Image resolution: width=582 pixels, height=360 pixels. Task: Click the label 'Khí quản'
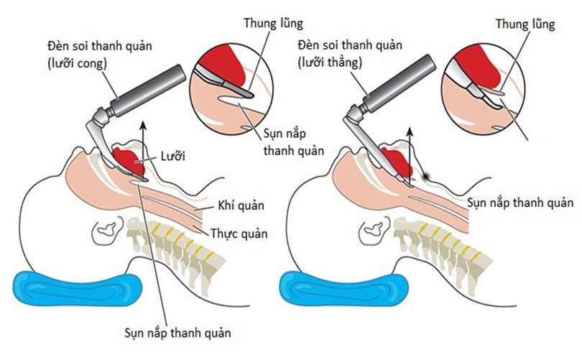coord(240,206)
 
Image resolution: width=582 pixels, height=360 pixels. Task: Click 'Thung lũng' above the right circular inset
coord(525,24)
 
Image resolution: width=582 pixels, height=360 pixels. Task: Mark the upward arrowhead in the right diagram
coord(410,134)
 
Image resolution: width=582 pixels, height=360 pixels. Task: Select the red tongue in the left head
coord(131,160)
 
